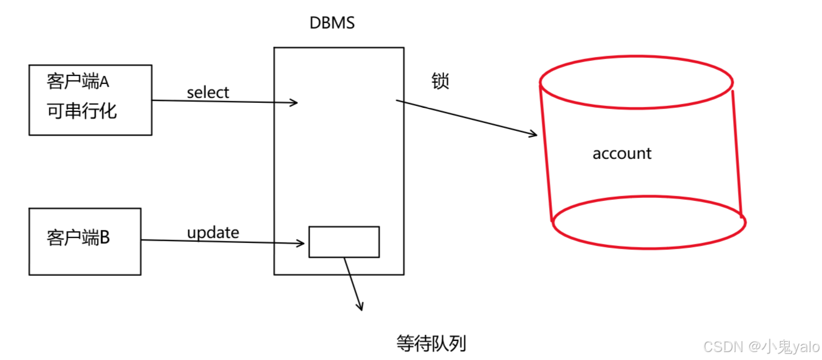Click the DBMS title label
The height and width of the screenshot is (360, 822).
coord(332,24)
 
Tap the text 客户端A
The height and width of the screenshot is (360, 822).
coord(81,82)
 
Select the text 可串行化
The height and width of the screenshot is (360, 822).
coord(81,111)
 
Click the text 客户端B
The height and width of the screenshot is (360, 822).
coord(78,238)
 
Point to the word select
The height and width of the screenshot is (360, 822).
coord(208,93)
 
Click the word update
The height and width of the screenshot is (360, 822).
coord(213,233)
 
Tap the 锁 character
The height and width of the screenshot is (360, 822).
coord(440,82)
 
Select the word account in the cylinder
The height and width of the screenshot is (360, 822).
coord(622,154)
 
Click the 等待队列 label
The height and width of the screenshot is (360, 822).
coord(431,344)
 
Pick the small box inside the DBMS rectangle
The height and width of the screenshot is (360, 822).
coord(344,242)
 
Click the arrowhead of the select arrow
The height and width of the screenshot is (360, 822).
coord(294,102)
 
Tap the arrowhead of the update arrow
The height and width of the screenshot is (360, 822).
coord(300,244)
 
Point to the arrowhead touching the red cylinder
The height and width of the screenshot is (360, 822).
coord(533,134)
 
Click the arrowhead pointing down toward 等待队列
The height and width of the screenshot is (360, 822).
coord(360,306)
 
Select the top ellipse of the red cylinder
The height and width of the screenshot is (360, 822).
coord(636,84)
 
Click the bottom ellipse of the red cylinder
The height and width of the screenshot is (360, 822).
coord(649,222)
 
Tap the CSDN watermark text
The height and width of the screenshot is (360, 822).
coord(724,347)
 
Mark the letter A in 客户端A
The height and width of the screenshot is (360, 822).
coord(111,82)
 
